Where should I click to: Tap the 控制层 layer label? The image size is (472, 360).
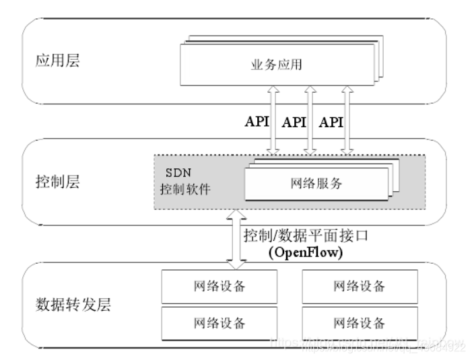tap(58, 182)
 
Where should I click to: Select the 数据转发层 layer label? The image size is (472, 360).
tap(72, 304)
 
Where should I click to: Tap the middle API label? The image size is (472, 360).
tap(294, 122)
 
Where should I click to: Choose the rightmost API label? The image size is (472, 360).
tap(331, 122)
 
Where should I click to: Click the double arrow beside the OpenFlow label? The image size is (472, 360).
tap(237, 239)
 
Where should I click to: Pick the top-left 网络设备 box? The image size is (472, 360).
tap(219, 286)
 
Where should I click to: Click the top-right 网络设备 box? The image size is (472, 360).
tap(360, 286)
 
